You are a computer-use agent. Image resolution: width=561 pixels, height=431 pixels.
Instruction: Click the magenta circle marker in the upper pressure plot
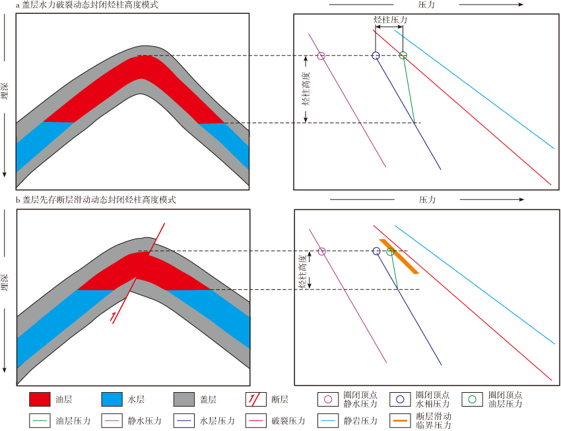321,56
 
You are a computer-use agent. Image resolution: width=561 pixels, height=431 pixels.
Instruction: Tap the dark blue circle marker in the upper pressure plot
376,56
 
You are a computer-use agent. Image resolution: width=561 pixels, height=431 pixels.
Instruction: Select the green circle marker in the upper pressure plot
403,56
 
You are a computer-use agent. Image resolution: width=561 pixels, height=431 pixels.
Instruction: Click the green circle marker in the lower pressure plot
390,252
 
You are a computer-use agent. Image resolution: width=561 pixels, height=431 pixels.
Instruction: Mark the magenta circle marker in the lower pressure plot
321,251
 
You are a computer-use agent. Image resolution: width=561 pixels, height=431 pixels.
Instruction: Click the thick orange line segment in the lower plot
400,256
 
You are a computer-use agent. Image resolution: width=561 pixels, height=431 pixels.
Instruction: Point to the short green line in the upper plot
409,90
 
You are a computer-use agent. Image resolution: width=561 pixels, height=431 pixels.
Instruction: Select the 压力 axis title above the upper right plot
426,5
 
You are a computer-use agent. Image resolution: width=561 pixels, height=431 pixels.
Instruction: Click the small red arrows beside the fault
114,317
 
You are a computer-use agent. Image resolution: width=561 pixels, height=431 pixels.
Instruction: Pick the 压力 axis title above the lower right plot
426,200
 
